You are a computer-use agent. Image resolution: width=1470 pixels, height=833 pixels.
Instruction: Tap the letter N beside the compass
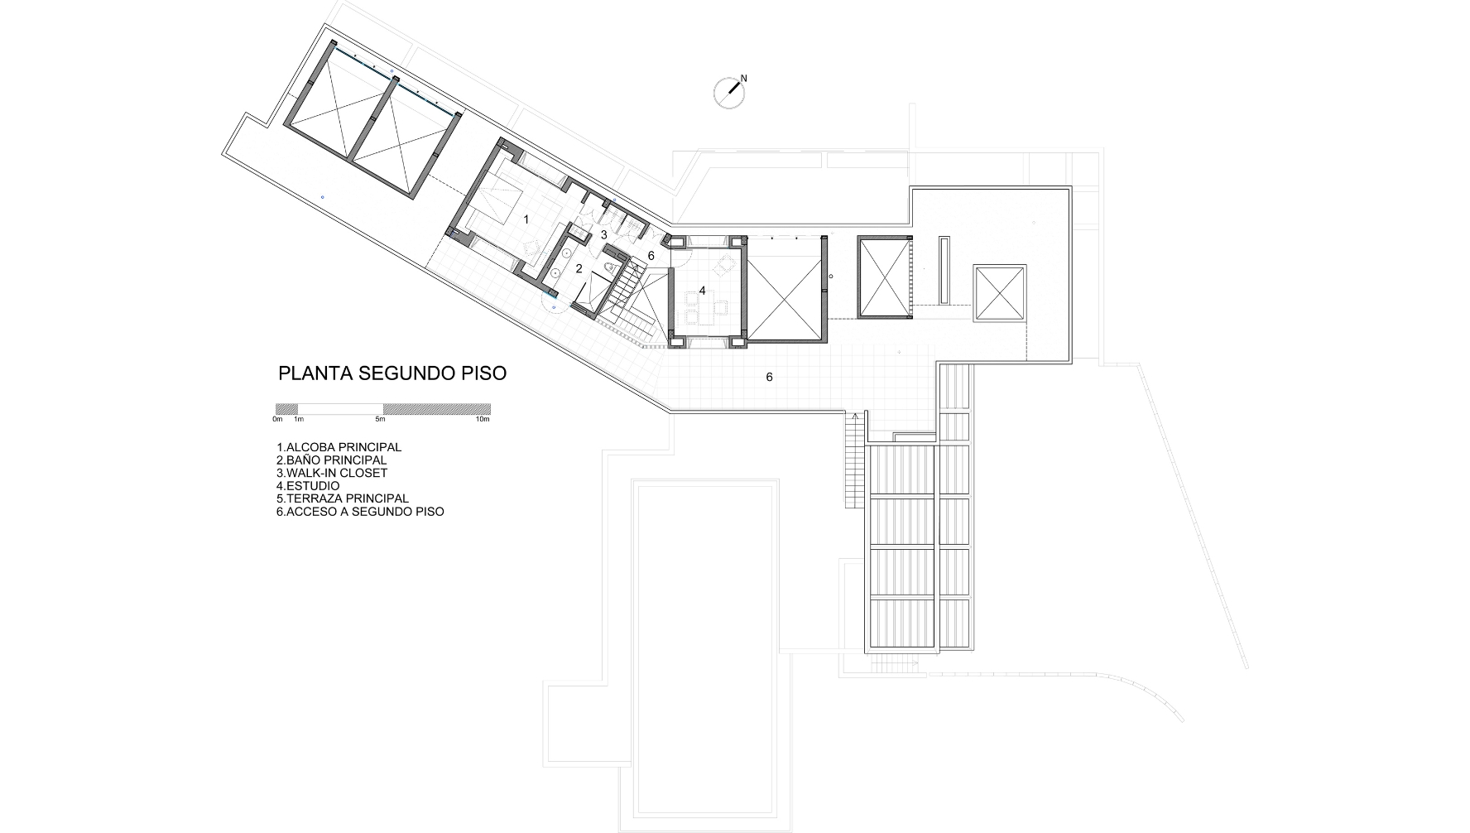743,79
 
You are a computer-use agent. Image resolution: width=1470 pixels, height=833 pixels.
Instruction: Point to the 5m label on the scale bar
380,419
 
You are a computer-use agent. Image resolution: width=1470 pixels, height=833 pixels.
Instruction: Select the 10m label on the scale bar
483,419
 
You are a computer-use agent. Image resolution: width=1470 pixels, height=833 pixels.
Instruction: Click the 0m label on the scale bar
277,419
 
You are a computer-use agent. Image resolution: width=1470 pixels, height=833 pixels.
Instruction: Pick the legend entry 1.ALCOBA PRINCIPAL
339,447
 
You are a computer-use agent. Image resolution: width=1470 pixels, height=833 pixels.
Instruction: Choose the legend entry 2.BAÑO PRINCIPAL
331,460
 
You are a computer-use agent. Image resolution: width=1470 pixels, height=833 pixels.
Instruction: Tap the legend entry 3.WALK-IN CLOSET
332,473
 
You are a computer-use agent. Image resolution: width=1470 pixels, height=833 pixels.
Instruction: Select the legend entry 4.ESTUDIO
308,486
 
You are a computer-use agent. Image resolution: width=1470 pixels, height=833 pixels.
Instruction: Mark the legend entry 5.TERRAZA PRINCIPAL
343,498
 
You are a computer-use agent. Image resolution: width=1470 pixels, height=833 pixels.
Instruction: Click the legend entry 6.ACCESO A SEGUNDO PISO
360,512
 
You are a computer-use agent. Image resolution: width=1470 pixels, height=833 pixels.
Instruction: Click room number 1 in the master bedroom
526,219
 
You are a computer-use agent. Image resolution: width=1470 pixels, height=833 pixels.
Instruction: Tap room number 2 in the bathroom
579,268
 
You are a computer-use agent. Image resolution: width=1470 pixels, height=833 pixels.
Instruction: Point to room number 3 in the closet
604,235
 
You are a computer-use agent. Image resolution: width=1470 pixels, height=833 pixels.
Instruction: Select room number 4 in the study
702,291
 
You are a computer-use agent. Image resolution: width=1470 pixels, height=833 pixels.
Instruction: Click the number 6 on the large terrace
769,377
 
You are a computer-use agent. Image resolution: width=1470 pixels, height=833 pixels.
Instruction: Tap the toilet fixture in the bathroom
611,267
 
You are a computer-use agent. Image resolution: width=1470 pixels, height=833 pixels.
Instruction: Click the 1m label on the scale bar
299,419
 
